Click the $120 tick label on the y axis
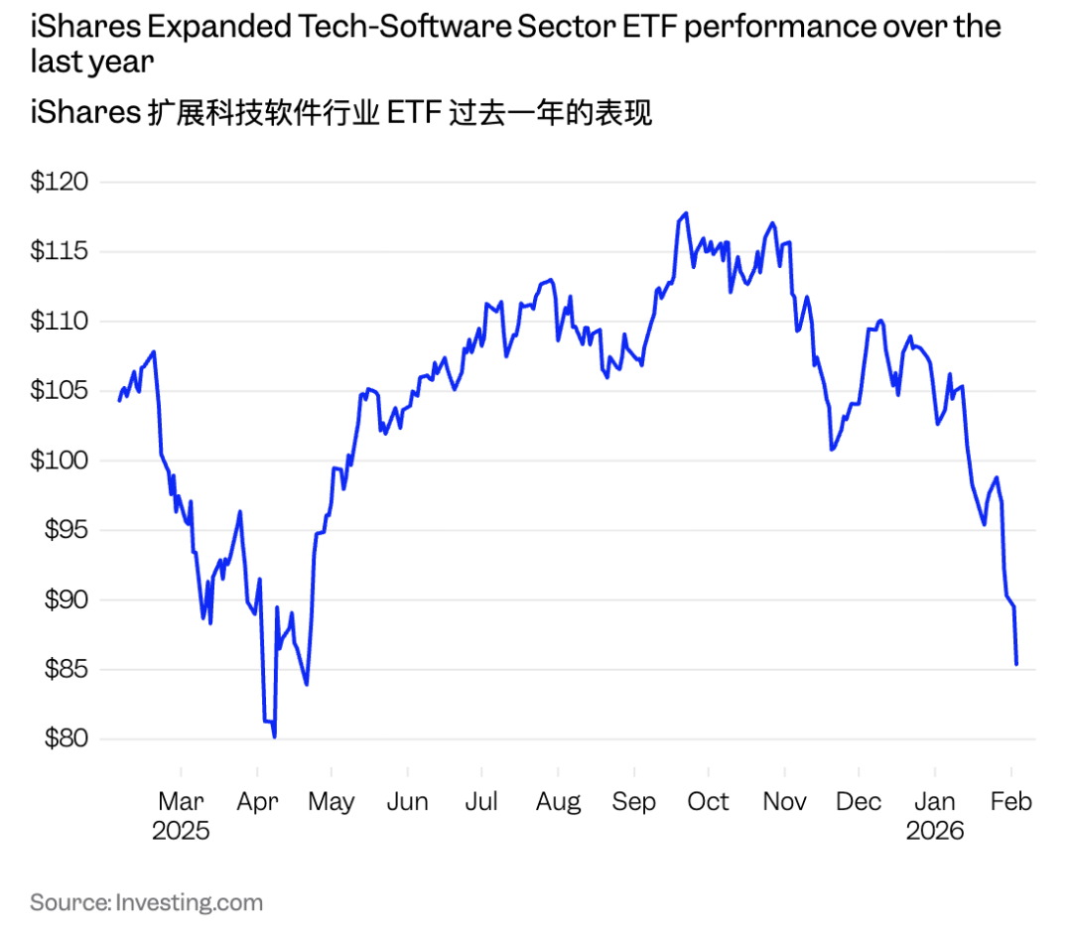point(60,183)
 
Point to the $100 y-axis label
point(60,461)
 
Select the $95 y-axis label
point(66,530)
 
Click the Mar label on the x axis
point(181,801)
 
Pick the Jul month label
point(481,801)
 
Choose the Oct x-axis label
point(708,801)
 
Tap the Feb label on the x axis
point(1010,801)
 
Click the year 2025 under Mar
point(181,830)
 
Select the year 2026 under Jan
point(935,830)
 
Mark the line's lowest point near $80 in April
point(274,736)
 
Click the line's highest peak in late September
point(686,213)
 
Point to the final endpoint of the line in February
point(1016,664)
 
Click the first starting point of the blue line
point(119,400)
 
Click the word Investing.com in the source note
point(190,902)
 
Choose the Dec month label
point(859,801)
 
